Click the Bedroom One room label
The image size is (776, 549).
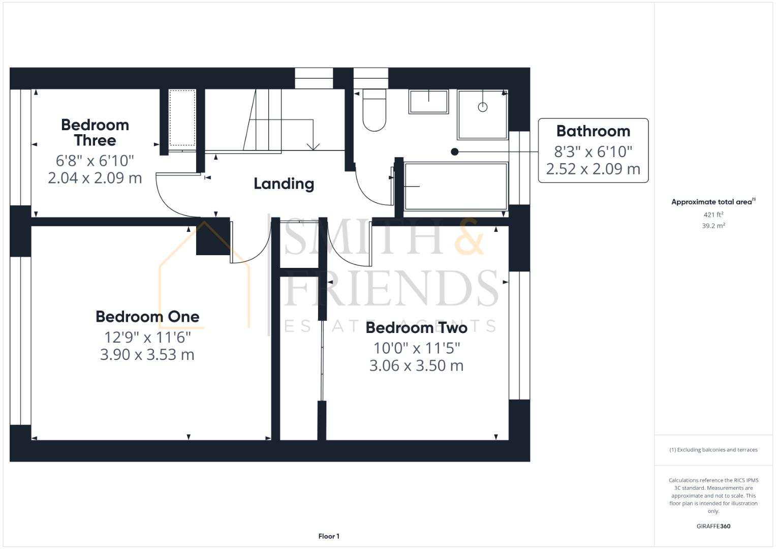pyautogui.click(x=147, y=317)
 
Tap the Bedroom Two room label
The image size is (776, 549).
pyautogui.click(x=416, y=328)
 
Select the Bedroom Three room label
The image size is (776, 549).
pyautogui.click(x=95, y=132)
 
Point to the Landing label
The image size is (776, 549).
pyautogui.click(x=284, y=184)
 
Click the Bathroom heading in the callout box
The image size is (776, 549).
pyautogui.click(x=593, y=131)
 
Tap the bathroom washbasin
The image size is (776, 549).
pyautogui.click(x=428, y=102)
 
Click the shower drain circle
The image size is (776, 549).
pyautogui.click(x=483, y=107)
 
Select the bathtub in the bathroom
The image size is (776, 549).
pyautogui.click(x=456, y=186)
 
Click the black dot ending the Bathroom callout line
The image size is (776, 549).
pyautogui.click(x=454, y=152)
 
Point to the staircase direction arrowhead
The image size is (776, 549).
pyautogui.click(x=313, y=146)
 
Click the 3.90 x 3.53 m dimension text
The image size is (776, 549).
pyautogui.click(x=147, y=355)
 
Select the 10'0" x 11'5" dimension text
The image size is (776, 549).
pyautogui.click(x=416, y=348)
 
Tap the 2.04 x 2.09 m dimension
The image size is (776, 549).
pyautogui.click(x=95, y=178)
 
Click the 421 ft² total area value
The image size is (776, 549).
pyautogui.click(x=713, y=215)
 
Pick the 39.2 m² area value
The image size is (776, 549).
pyautogui.click(x=713, y=226)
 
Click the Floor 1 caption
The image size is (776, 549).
pyautogui.click(x=329, y=536)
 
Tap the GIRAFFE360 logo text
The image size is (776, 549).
pyautogui.click(x=713, y=526)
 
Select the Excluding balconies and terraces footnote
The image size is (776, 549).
pyautogui.click(x=713, y=449)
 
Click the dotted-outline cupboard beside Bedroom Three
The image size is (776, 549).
pyautogui.click(x=182, y=118)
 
